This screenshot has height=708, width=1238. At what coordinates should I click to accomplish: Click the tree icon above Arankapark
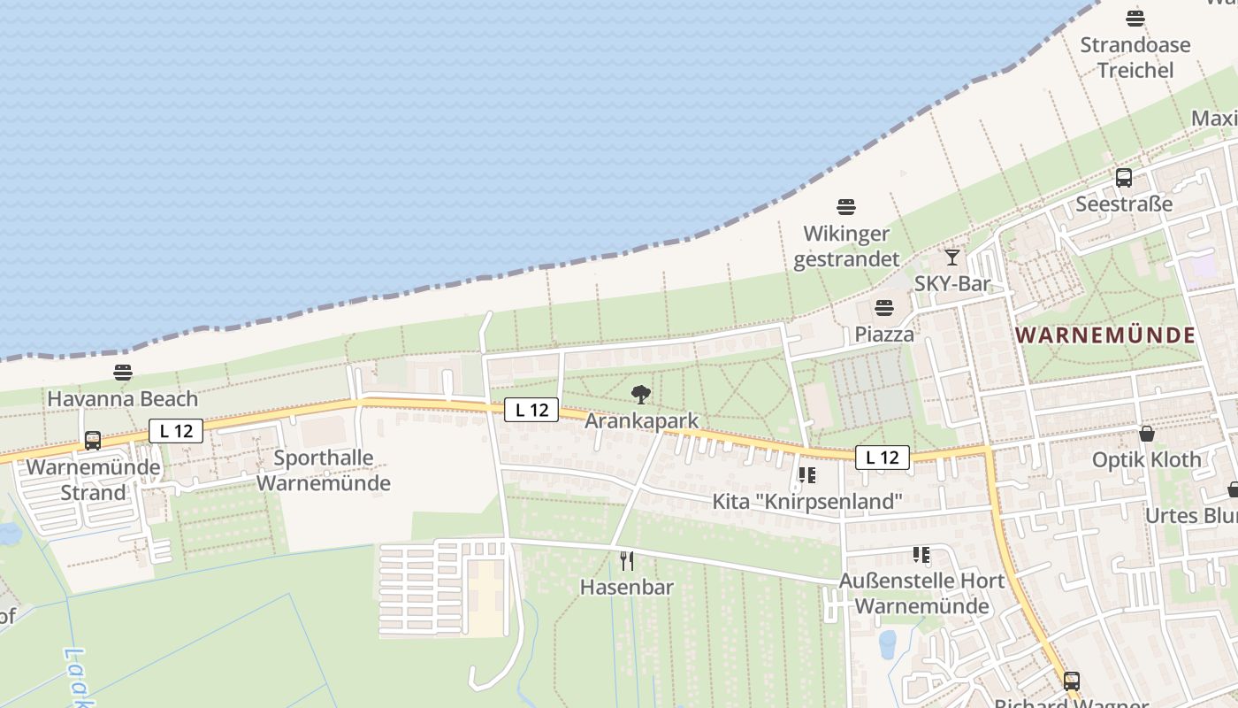pos(641,395)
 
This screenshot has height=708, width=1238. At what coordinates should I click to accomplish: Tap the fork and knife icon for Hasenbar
pos(627,560)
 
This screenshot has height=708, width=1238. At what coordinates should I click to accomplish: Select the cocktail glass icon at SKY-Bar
pos(951,258)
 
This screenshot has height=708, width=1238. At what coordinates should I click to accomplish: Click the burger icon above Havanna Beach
pos(123,373)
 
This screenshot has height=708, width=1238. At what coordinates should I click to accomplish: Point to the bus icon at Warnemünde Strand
pos(92,441)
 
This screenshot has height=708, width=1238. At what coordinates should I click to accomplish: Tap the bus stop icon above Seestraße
pos(1123,178)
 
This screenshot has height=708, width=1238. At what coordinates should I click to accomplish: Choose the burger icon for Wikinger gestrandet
pos(846,207)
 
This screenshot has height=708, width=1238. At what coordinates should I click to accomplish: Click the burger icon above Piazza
pos(883,308)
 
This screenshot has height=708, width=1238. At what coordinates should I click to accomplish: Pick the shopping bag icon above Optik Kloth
pos(1147,434)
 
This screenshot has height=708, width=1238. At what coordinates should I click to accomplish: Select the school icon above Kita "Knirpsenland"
pos(806,475)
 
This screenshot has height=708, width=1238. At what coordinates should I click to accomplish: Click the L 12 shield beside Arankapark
pos(531,410)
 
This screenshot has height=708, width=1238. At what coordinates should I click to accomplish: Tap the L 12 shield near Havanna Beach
pos(176,431)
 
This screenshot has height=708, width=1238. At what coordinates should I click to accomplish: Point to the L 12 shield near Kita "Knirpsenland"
pos(882,458)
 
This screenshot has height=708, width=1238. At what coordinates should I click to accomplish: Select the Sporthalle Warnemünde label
pos(323,471)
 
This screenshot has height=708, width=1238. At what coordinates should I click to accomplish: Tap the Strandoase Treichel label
pos(1135,58)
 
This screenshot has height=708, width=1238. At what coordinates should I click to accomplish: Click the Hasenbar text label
pos(627,587)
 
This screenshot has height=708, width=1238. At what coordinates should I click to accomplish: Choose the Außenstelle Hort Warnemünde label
pos(921,594)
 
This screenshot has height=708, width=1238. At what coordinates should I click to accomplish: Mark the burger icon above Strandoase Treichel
pos(1135,19)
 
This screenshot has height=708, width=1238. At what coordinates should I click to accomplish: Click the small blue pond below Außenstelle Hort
pos(887,644)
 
